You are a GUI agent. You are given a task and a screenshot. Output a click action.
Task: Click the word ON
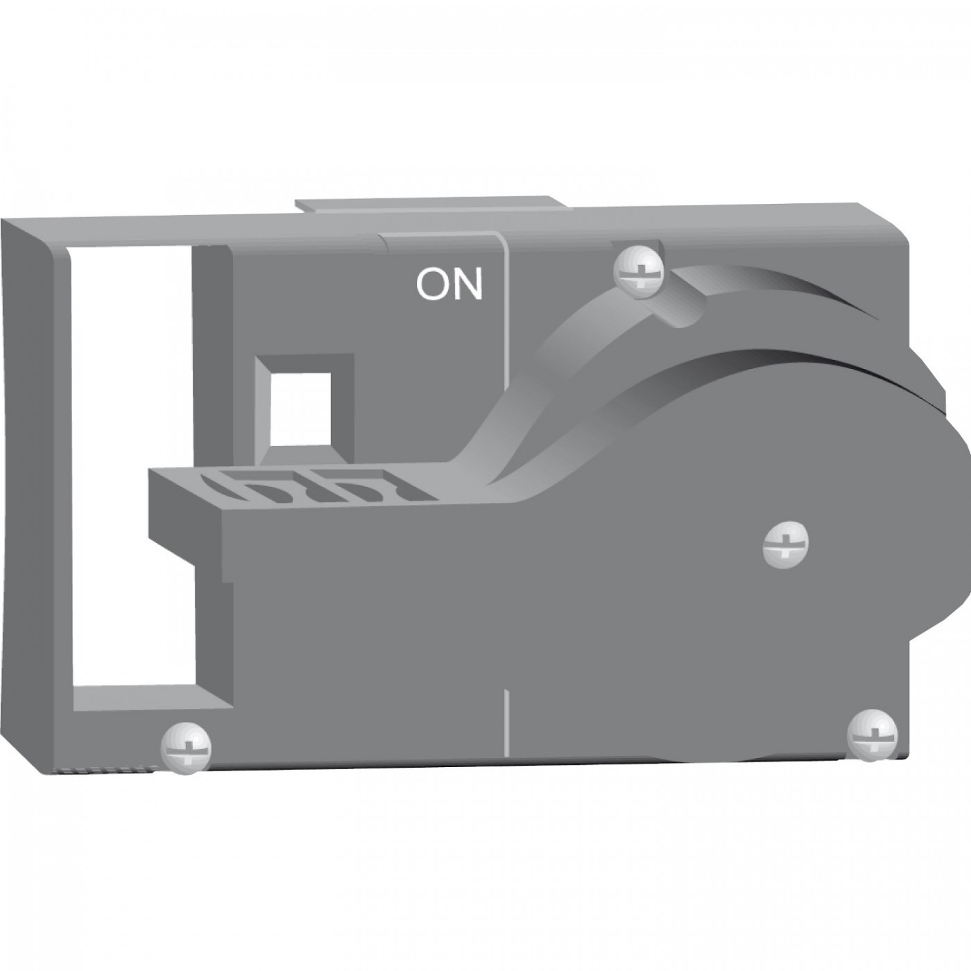click(x=449, y=285)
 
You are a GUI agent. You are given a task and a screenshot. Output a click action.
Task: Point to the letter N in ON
click(x=467, y=285)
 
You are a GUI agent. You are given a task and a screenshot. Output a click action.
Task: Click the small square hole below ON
click(x=301, y=409)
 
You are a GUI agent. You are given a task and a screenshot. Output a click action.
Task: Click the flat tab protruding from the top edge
click(x=431, y=207)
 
